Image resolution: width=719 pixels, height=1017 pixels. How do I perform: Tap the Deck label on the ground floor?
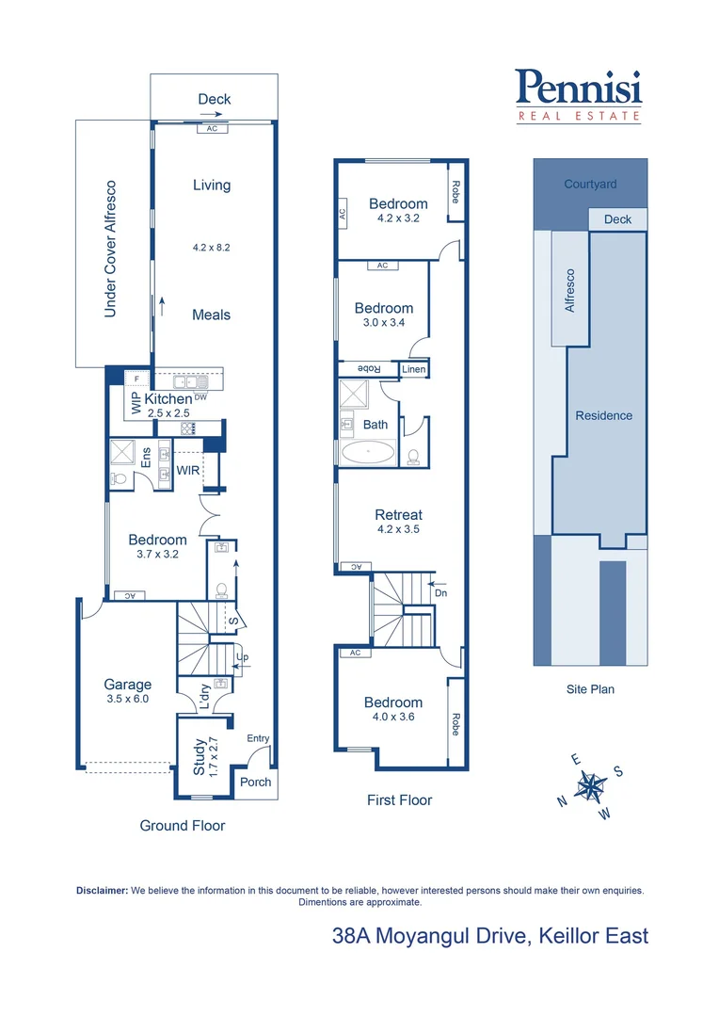pyautogui.click(x=214, y=99)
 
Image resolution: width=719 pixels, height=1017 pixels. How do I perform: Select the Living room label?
pyautogui.click(x=212, y=185)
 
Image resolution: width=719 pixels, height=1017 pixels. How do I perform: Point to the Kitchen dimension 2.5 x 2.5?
pyautogui.click(x=168, y=413)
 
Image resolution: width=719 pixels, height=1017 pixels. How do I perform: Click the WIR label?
pyautogui.click(x=188, y=469)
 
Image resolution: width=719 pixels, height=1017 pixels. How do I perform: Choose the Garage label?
pyautogui.click(x=128, y=685)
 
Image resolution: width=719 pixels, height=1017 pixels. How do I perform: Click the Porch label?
pyautogui.click(x=256, y=782)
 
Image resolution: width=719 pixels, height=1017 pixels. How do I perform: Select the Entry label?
pyautogui.click(x=258, y=739)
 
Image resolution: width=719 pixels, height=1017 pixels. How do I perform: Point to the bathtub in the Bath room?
pyautogui.click(x=367, y=453)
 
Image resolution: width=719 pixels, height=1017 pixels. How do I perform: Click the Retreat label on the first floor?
pyautogui.click(x=398, y=515)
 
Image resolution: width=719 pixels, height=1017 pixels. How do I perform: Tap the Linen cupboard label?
pyautogui.click(x=414, y=370)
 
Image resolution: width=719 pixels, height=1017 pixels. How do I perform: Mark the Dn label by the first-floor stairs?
pyautogui.click(x=439, y=593)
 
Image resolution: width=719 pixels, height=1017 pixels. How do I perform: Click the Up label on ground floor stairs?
pyautogui.click(x=241, y=657)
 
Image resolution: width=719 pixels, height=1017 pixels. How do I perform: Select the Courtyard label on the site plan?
pyautogui.click(x=590, y=185)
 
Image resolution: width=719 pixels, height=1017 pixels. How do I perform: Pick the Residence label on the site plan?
pyautogui.click(x=604, y=415)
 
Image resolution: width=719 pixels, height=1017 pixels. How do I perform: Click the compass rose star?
pyautogui.click(x=591, y=784)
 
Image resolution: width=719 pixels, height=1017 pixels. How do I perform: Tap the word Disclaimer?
pyautogui.click(x=102, y=890)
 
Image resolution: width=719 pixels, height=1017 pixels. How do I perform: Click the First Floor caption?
pyautogui.click(x=399, y=800)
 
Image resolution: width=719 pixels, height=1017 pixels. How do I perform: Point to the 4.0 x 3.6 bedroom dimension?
pyautogui.click(x=393, y=717)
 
